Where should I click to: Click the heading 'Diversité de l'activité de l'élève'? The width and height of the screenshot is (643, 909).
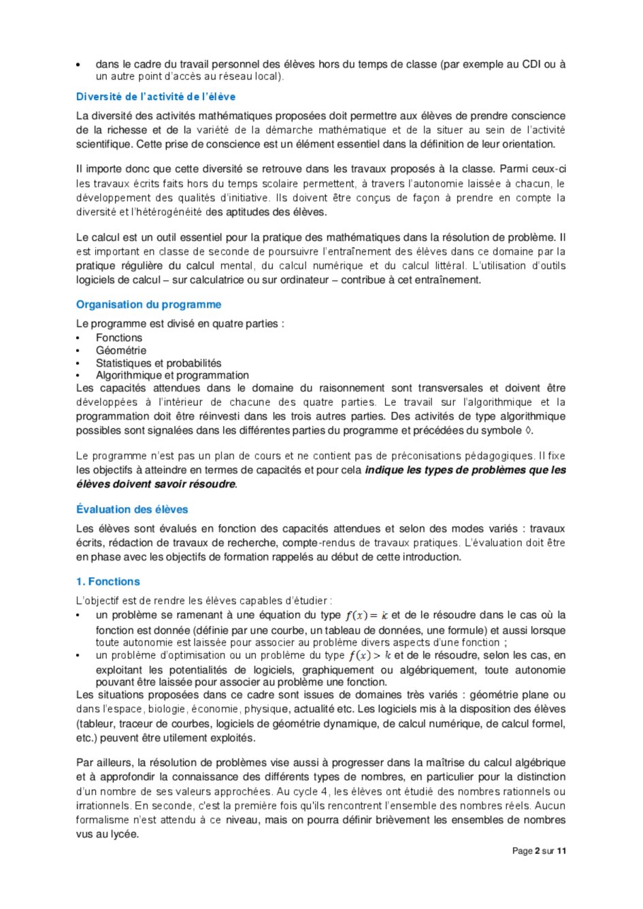click(x=156, y=97)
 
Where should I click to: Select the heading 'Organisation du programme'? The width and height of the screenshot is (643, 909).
click(x=148, y=304)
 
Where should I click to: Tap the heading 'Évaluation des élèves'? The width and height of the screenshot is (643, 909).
click(x=132, y=509)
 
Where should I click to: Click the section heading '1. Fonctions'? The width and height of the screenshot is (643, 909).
click(x=108, y=581)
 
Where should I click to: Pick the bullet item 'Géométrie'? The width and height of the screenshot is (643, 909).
click(x=121, y=350)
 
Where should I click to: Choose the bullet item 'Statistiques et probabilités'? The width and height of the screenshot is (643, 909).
click(x=159, y=363)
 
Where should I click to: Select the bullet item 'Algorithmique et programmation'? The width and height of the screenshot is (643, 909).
click(x=172, y=375)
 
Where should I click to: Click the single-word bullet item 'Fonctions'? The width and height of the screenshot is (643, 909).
click(x=119, y=338)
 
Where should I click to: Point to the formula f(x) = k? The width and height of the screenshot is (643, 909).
click(x=366, y=616)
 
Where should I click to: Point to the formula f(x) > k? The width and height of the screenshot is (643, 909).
click(x=369, y=656)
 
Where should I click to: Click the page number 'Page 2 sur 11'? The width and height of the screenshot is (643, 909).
click(x=539, y=850)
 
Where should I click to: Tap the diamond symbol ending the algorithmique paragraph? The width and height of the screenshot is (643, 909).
click(x=529, y=430)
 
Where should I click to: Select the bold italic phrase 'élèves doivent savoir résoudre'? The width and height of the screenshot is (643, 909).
click(x=156, y=484)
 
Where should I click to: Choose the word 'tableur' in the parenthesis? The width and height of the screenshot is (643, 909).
click(x=97, y=723)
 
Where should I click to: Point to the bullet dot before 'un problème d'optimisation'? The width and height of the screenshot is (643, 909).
click(x=79, y=656)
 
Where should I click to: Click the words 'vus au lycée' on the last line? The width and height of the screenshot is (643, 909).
click(x=108, y=834)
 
